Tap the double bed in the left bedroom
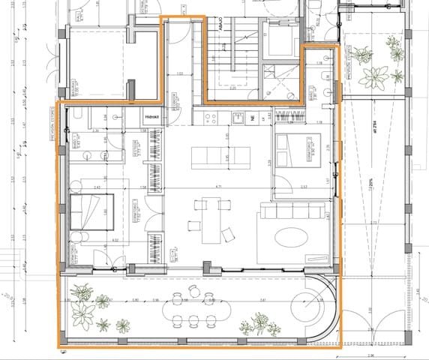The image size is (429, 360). [91, 213]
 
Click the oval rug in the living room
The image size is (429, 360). [289, 237]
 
